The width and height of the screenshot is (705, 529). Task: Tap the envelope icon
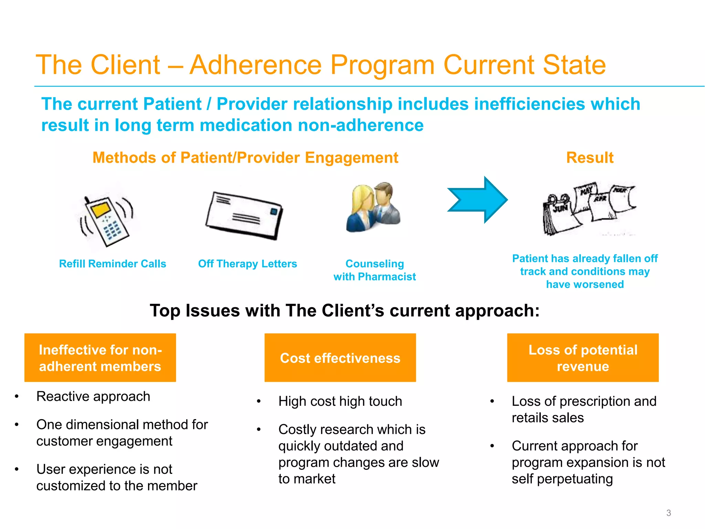click(x=244, y=216)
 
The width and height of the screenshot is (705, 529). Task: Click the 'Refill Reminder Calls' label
click(x=113, y=264)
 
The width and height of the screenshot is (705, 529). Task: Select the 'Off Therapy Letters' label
click(x=248, y=264)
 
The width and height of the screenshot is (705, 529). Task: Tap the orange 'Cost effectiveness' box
click(x=340, y=357)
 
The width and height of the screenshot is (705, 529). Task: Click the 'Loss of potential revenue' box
click(x=583, y=357)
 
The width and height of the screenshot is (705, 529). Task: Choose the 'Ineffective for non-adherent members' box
click(x=100, y=357)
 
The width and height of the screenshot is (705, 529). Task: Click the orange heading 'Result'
click(x=590, y=158)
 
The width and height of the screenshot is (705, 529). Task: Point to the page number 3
click(x=669, y=513)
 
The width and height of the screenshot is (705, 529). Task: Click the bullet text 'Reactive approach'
click(x=93, y=396)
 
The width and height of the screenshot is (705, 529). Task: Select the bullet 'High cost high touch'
click(x=340, y=402)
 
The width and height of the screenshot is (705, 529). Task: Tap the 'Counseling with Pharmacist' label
click(x=375, y=270)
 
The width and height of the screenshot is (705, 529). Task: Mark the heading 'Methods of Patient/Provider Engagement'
click(x=245, y=158)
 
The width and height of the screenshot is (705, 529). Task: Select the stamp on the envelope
click(x=274, y=211)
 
